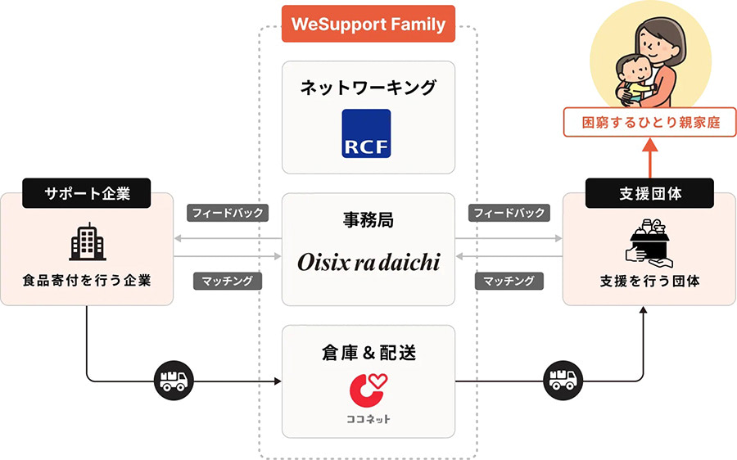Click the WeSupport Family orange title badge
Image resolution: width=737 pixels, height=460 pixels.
tap(368, 24)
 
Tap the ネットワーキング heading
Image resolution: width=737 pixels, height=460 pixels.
tap(368, 88)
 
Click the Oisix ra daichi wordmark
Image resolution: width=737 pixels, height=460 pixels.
tap(368, 262)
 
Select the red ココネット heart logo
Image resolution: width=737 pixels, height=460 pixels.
tap(368, 391)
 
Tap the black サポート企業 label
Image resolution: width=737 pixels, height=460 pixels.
tap(87, 193)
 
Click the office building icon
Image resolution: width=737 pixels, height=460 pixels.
tap(87, 241)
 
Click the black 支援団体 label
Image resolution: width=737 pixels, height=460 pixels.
tap(649, 193)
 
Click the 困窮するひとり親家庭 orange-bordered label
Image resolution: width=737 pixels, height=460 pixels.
tap(649, 124)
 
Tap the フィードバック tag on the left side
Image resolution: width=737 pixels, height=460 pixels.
tap(227, 213)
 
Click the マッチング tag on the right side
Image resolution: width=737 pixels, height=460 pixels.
tap(509, 281)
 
